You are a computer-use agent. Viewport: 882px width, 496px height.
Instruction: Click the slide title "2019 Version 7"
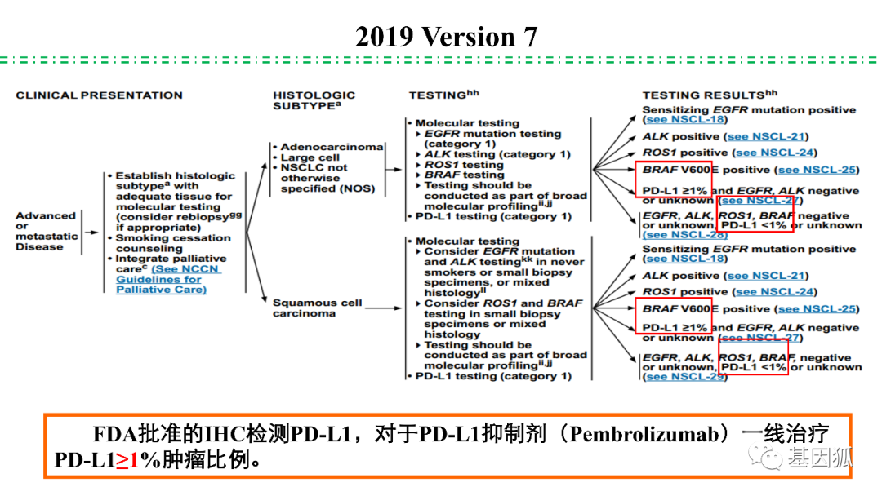pos(446,37)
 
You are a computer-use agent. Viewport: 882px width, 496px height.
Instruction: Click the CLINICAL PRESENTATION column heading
pos(99,95)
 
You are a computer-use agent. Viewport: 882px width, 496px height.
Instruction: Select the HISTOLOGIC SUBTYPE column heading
pos(314,100)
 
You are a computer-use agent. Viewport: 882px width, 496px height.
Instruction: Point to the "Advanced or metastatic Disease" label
pos(47,231)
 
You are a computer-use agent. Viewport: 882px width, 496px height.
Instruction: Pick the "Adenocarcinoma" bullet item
pos(332,147)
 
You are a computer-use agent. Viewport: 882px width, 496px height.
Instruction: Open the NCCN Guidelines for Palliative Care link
pos(168,279)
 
